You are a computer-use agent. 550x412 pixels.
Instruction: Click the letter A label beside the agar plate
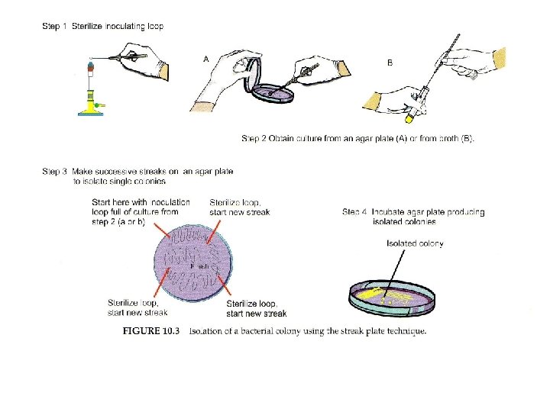point(206,58)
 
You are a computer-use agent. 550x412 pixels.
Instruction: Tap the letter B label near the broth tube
point(390,63)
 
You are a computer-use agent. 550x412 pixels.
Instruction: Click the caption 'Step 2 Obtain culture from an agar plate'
point(357,138)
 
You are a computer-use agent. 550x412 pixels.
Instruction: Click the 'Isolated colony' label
point(416,244)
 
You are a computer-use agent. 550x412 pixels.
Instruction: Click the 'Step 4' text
point(356,212)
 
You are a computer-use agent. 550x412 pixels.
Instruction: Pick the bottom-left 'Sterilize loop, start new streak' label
point(137,307)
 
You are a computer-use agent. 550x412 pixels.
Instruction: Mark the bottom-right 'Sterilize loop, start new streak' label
point(257,309)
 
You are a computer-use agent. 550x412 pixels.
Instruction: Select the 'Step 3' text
point(54,172)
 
